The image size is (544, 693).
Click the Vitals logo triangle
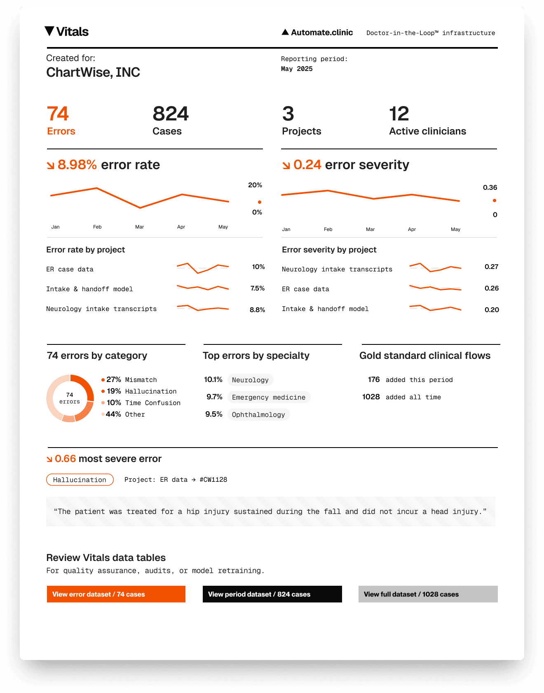click(x=49, y=31)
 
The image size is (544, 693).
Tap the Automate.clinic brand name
click(x=322, y=33)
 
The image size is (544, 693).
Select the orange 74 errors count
click(x=58, y=114)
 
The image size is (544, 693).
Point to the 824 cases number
click(x=171, y=114)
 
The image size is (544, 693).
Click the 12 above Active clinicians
click(x=399, y=114)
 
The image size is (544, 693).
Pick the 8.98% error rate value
click(x=77, y=165)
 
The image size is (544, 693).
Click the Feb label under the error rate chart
click(x=97, y=227)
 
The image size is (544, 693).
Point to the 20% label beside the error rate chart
click(x=255, y=185)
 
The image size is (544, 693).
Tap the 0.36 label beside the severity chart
click(x=490, y=188)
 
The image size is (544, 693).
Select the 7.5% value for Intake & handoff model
click(x=258, y=288)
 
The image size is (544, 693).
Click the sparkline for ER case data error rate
click(x=203, y=268)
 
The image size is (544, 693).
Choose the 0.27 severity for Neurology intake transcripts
click(x=492, y=267)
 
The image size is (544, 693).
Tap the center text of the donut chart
click(x=70, y=398)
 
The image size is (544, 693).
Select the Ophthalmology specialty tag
click(x=258, y=415)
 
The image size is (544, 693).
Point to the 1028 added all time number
click(x=371, y=397)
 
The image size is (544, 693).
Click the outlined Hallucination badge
click(x=80, y=480)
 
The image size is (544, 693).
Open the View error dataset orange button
click(x=116, y=594)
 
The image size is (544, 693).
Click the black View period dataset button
click(x=272, y=594)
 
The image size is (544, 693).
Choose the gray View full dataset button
click(x=428, y=594)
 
